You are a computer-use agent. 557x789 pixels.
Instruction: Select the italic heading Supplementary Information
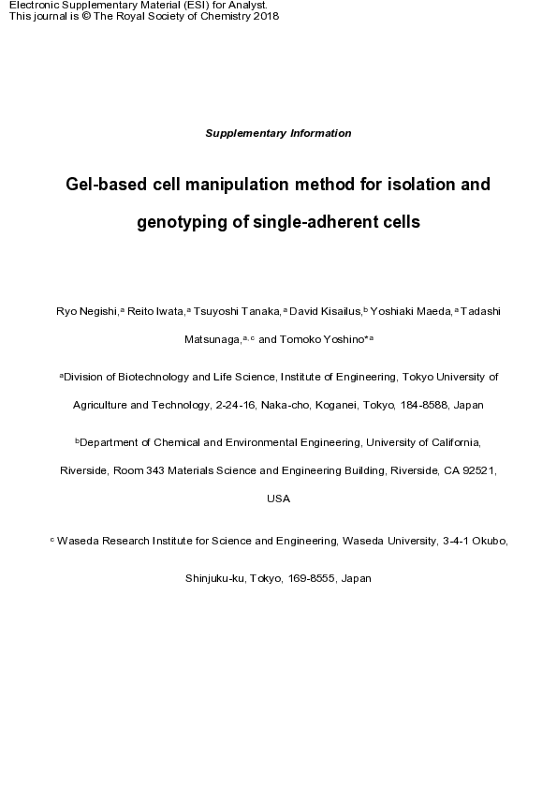coord(278,133)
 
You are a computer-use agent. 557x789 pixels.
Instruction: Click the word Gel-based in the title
coord(103,186)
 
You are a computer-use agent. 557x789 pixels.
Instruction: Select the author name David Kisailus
coord(326,310)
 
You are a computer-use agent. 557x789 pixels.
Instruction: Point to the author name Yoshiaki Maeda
coord(413,310)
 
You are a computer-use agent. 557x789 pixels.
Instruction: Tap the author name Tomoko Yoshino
coord(323,339)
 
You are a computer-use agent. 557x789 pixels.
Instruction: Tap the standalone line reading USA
coord(278,499)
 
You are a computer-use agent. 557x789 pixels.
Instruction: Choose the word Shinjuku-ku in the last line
coord(215,579)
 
